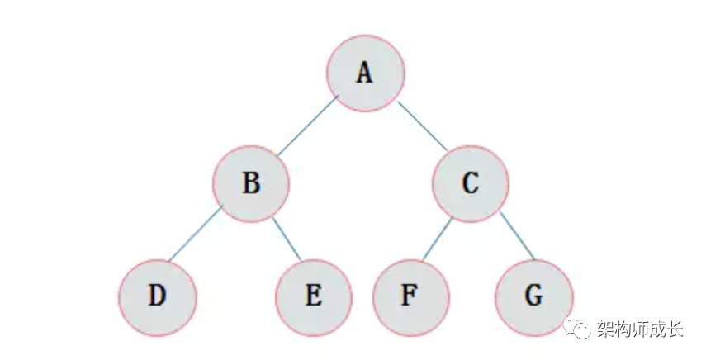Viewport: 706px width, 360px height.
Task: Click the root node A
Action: (365, 73)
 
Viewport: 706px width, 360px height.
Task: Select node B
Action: (251, 183)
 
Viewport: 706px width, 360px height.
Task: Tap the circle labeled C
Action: (470, 183)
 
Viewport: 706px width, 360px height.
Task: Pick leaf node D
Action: (157, 296)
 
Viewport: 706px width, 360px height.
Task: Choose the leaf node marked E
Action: (314, 296)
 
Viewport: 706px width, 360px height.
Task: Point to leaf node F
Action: (410, 296)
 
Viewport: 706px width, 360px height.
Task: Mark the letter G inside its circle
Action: (534, 296)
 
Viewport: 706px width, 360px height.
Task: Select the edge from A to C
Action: (423, 126)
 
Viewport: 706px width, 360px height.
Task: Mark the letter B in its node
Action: (251, 183)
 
